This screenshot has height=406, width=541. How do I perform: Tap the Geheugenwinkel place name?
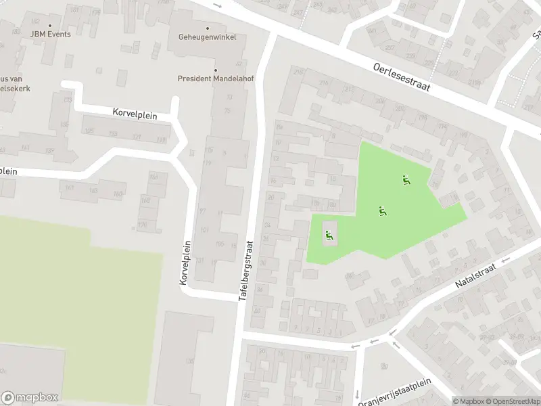point(207,37)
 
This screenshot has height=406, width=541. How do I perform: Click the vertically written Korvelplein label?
point(185,262)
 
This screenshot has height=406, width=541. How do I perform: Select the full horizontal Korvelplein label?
point(135,114)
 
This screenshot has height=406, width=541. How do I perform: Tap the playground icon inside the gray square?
point(329,235)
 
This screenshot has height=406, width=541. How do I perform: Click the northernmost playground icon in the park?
point(406,179)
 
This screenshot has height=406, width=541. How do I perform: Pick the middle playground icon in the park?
point(382,210)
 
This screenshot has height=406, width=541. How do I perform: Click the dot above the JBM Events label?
point(49,26)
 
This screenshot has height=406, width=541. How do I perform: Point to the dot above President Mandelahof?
point(216,70)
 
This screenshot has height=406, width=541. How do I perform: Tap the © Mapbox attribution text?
point(469,401)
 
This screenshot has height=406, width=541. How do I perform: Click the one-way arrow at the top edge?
point(216,5)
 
